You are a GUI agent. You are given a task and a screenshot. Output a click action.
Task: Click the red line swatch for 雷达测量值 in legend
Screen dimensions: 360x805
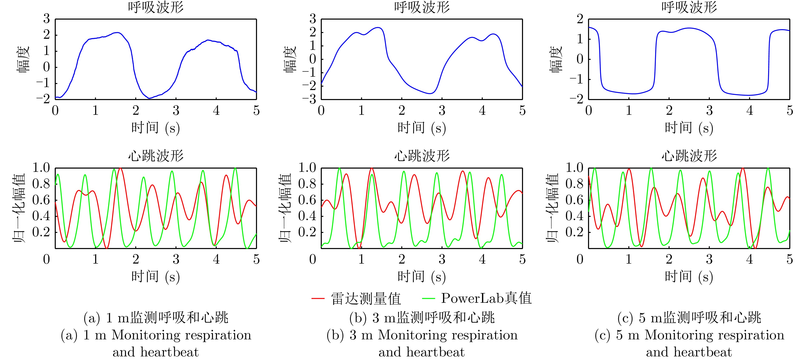(318, 298)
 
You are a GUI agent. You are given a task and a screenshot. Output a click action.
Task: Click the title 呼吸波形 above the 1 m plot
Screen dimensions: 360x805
(156, 7)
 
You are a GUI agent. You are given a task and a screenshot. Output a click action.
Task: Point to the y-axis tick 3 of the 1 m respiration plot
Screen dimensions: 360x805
(47, 19)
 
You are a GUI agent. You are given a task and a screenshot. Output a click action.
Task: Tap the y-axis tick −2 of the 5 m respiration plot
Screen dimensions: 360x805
(576, 99)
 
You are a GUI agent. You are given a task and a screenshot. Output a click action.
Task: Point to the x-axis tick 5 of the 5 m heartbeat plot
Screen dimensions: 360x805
(790, 259)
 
